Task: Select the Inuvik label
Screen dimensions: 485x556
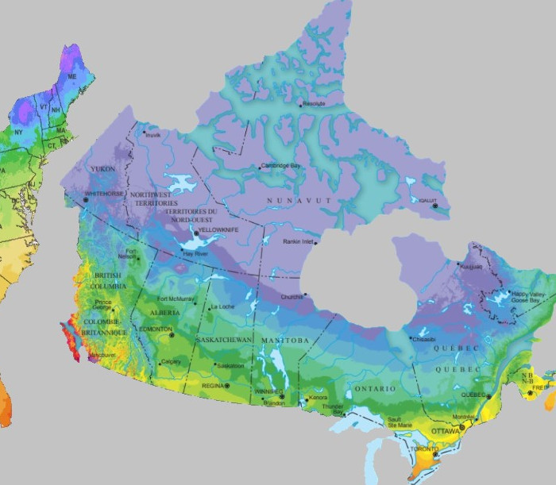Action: (152, 135)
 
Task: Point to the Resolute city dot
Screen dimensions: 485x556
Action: (300, 105)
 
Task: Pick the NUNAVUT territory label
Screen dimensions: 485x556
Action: (299, 200)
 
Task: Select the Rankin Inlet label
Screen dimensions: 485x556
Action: (301, 242)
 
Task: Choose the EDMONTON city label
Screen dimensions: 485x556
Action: (155, 329)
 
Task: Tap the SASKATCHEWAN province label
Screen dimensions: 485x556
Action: (222, 340)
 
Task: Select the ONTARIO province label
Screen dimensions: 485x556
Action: (374, 389)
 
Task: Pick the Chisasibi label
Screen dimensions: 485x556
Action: (423, 339)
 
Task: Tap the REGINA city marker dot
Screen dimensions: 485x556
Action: (226, 385)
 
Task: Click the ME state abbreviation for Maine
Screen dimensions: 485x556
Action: (72, 76)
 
